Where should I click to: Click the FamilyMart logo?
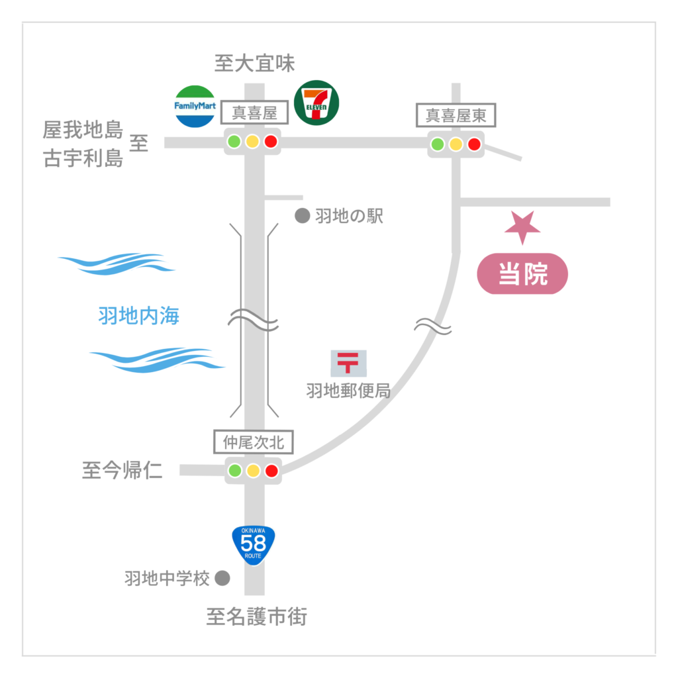[x=195, y=106]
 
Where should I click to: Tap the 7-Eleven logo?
[x=316, y=102]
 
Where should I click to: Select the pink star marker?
[x=522, y=227]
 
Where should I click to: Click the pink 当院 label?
[x=522, y=273]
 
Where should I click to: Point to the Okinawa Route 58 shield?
[x=254, y=545]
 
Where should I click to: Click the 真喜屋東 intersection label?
[x=456, y=116]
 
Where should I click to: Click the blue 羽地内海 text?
[x=138, y=316]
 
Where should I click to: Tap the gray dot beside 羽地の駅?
[x=303, y=216]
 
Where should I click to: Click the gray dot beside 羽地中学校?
[x=222, y=579]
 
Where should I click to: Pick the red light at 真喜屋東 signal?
[x=473, y=144]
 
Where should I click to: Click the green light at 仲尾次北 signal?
[x=235, y=471]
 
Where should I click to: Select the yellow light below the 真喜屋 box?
[x=252, y=142]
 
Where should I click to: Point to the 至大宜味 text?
[x=254, y=64]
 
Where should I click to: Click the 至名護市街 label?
[x=256, y=618]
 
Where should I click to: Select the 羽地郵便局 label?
[x=348, y=391]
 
